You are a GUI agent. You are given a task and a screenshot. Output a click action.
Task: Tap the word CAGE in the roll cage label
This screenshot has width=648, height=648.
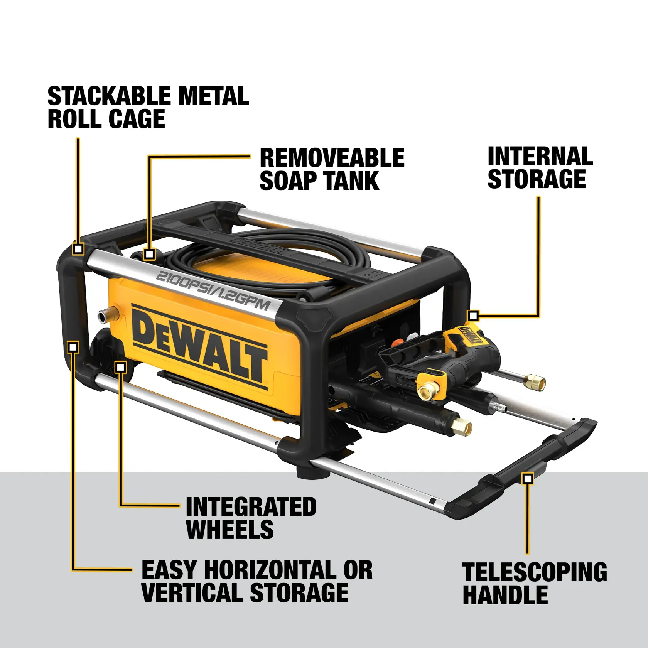tap(137, 119)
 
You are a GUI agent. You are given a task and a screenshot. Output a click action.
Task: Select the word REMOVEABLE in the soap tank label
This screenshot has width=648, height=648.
tap(332, 158)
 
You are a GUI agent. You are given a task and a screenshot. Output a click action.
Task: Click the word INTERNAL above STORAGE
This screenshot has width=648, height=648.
tap(540, 157)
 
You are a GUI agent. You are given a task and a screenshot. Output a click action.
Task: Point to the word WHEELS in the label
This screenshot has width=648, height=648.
tap(230, 529)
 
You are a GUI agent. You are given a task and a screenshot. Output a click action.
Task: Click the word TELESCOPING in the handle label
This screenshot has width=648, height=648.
tap(535, 572)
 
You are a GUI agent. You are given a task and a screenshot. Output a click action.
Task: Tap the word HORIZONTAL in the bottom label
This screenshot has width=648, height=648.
tap(270, 570)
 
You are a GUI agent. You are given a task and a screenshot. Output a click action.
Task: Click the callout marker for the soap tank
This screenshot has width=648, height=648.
tap(149, 254)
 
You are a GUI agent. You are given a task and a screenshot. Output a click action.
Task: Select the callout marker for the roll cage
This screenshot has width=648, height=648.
tap(78, 249)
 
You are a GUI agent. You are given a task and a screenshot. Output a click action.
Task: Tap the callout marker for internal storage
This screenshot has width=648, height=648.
tap(473, 316)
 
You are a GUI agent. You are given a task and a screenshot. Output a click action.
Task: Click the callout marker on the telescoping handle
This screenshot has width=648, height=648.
tap(527, 479)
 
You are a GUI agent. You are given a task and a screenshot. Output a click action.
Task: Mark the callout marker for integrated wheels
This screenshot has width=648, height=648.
tap(121, 367)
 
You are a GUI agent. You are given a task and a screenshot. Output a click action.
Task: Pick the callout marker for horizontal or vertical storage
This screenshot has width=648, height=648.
tap(73, 347)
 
